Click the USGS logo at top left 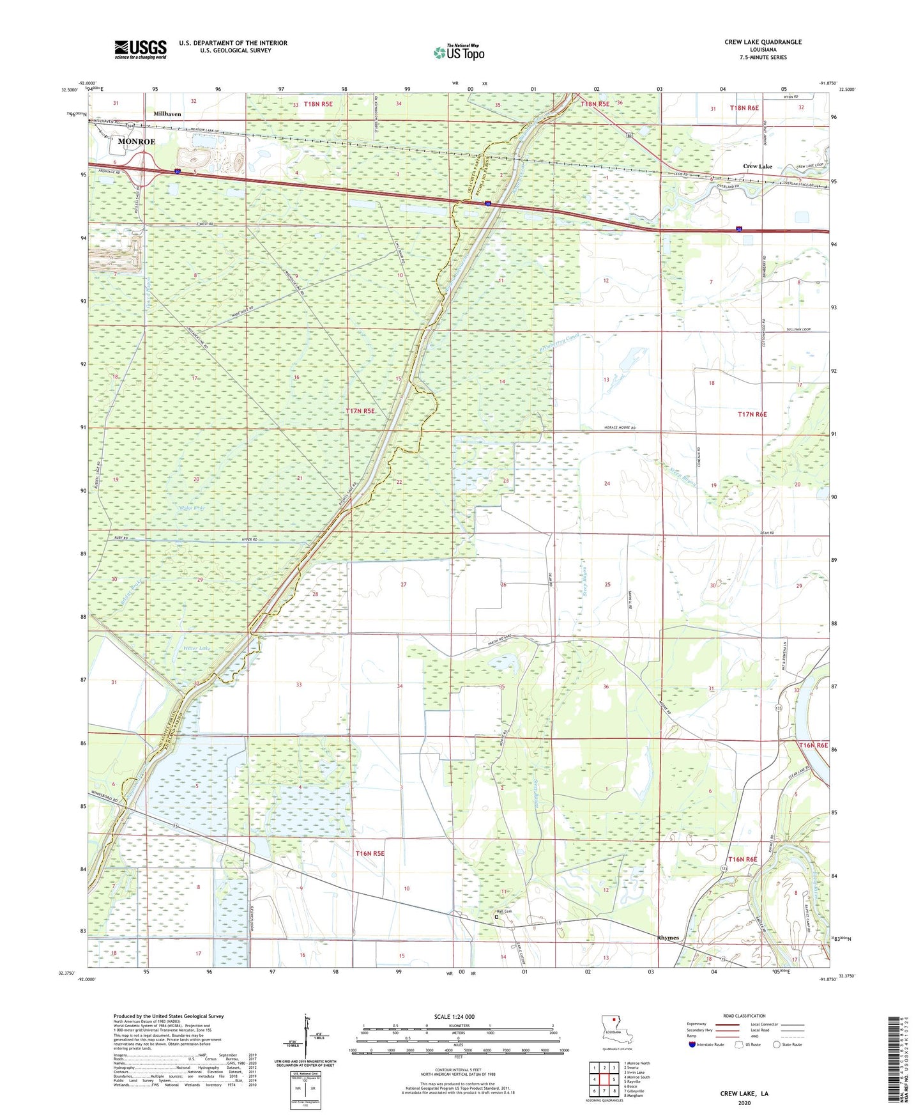pos(140,49)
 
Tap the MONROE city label pos(136,141)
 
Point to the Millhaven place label pos(167,114)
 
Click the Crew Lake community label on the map pos(757,166)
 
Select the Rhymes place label pos(667,938)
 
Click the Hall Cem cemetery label pos(504,911)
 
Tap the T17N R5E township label pos(360,412)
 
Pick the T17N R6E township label pos(752,414)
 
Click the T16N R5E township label pos(370,853)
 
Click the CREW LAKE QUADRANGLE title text pos(763,42)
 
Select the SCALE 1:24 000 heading pos(454,1016)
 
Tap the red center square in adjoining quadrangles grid pos(604,1080)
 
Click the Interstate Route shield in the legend pos(692,1044)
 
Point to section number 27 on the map pos(403,584)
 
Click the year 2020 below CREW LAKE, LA pos(744,1103)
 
